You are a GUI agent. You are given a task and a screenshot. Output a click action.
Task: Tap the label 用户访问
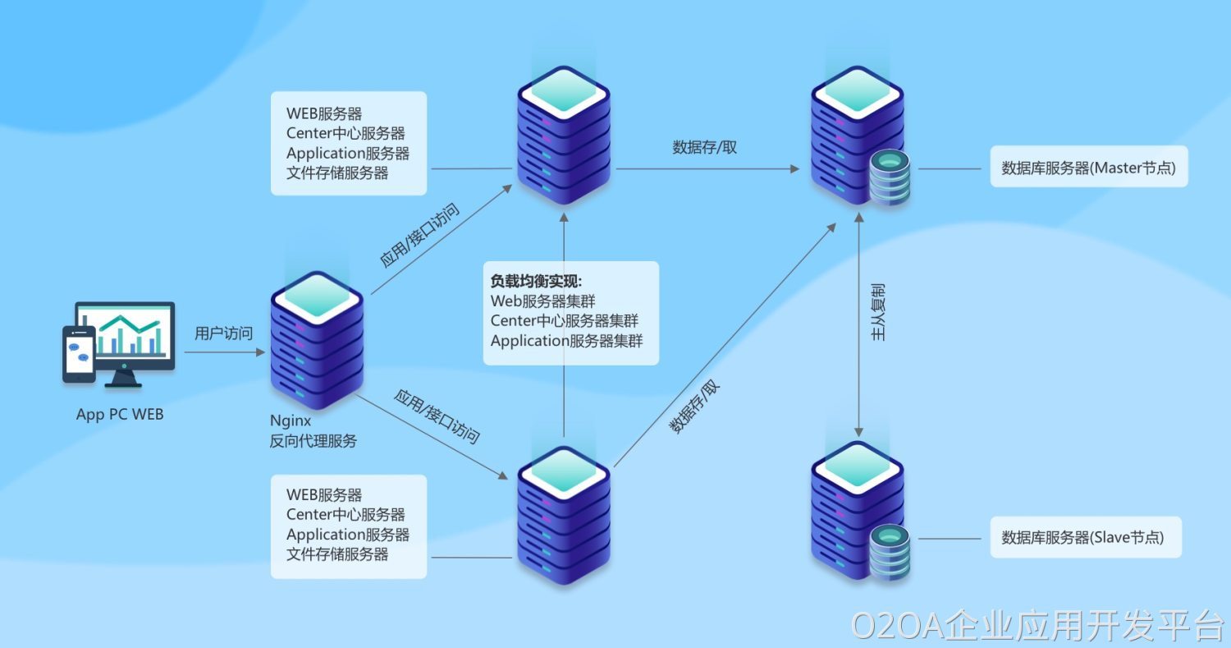223,333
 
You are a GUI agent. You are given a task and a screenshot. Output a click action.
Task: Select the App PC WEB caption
120,415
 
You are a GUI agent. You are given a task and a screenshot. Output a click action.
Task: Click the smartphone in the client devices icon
79,354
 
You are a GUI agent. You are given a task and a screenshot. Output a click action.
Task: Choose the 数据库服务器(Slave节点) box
1085,538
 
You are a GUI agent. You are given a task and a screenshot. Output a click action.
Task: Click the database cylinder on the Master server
890,177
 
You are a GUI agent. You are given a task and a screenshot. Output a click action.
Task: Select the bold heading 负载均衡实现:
535,282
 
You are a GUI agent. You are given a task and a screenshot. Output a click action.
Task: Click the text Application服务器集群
566,341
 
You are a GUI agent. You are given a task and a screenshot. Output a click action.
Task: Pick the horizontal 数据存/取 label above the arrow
704,148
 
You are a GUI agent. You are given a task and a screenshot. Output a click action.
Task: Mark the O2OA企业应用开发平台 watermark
1037,626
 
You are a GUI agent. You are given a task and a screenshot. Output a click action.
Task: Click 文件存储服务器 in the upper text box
337,173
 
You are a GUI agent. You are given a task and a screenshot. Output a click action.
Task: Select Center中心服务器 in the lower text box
346,515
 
